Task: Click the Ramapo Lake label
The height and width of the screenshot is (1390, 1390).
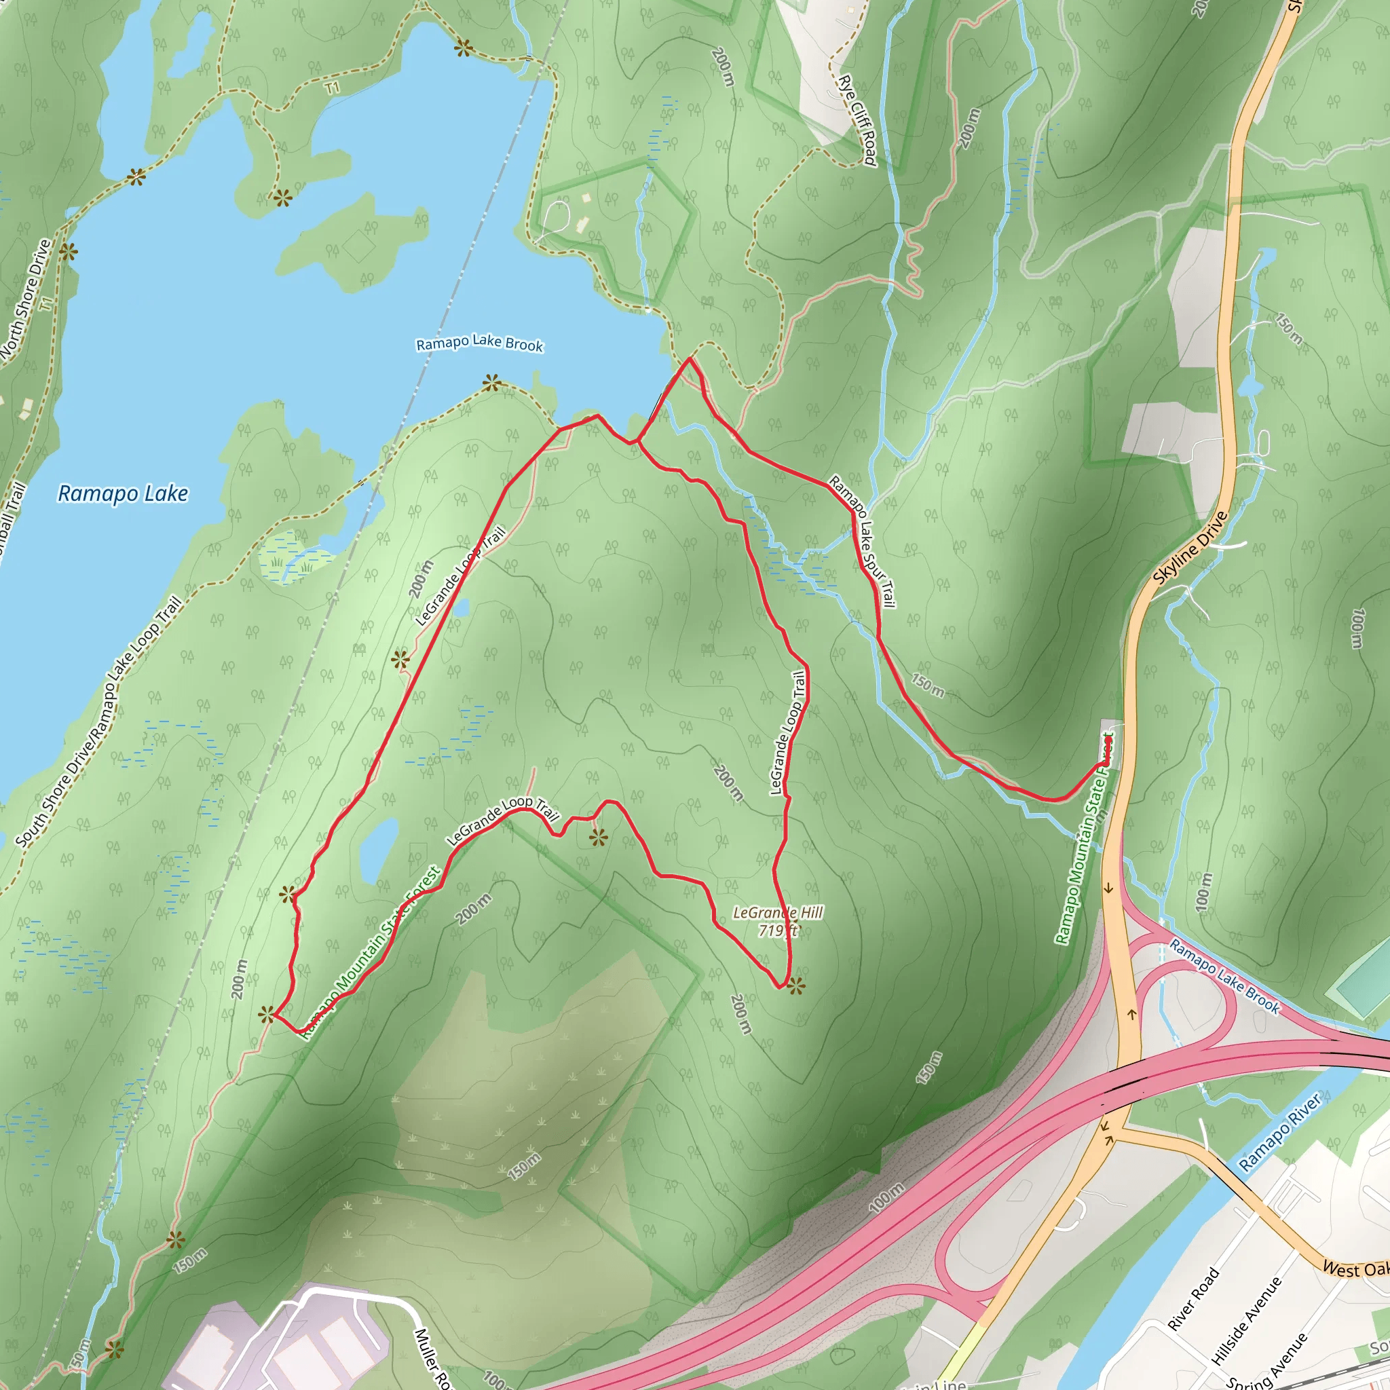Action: [122, 493]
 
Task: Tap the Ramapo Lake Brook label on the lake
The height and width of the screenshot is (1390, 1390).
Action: [479, 343]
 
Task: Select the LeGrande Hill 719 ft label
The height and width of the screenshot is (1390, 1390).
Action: [778, 922]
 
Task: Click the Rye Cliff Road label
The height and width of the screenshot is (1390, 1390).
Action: [858, 120]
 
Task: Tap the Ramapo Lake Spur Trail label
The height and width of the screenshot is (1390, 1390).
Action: [863, 541]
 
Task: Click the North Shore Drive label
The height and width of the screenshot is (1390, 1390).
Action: [26, 298]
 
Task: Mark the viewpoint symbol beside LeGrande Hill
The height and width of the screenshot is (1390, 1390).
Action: [795, 986]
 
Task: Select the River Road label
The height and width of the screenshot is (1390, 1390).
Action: [1194, 1298]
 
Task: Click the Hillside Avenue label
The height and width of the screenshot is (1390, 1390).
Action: [1246, 1321]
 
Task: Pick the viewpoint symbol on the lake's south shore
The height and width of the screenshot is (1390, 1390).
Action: [491, 383]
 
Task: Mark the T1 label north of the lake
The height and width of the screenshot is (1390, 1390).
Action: [332, 88]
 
